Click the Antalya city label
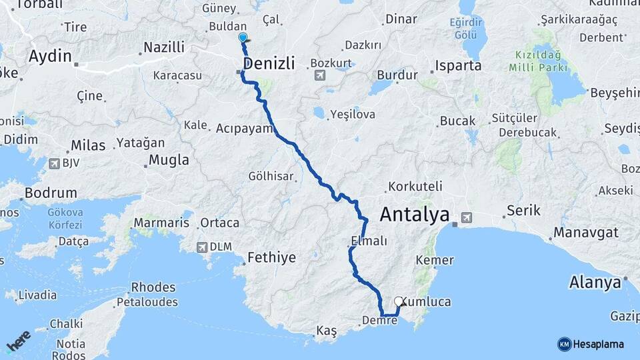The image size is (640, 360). [x=415, y=215]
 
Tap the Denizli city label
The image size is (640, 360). [x=269, y=64]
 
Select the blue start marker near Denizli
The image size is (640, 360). [x=243, y=38]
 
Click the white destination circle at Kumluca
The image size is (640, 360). [x=399, y=301]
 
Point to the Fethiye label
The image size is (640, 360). [x=271, y=257]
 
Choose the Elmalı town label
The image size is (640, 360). [x=368, y=241]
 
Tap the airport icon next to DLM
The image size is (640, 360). [x=201, y=247]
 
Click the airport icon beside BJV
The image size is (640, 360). [x=54, y=163]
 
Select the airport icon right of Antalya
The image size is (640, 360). [x=465, y=217]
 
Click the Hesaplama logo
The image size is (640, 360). [x=591, y=344]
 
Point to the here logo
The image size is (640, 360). [x=19, y=340]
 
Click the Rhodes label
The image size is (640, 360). [x=153, y=288]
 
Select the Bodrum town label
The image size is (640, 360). [x=50, y=193]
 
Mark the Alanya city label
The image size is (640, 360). [x=595, y=282]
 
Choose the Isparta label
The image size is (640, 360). [x=459, y=66]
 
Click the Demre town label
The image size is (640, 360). [x=379, y=321]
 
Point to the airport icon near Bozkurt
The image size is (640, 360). [x=319, y=73]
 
